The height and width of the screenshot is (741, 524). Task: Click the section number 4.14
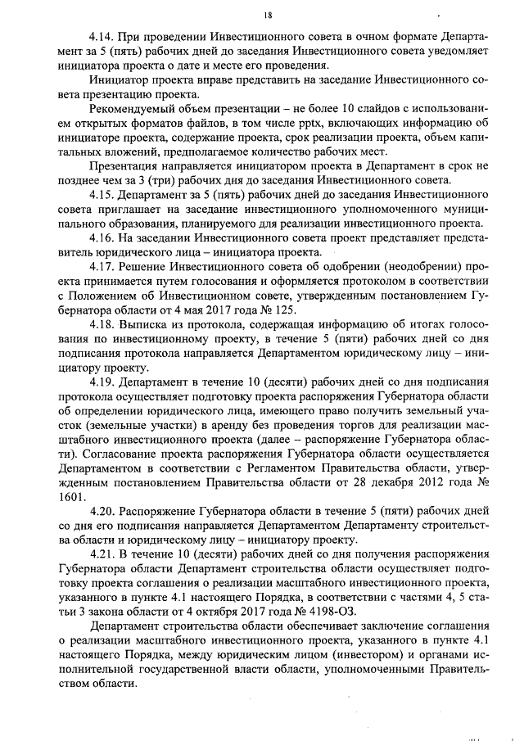click(x=103, y=38)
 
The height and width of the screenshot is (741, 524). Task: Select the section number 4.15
click(x=103, y=195)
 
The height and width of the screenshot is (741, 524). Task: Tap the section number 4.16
click(x=103, y=238)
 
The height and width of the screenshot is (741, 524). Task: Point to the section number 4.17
click(x=103, y=267)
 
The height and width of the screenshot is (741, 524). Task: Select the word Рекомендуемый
click(x=136, y=109)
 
